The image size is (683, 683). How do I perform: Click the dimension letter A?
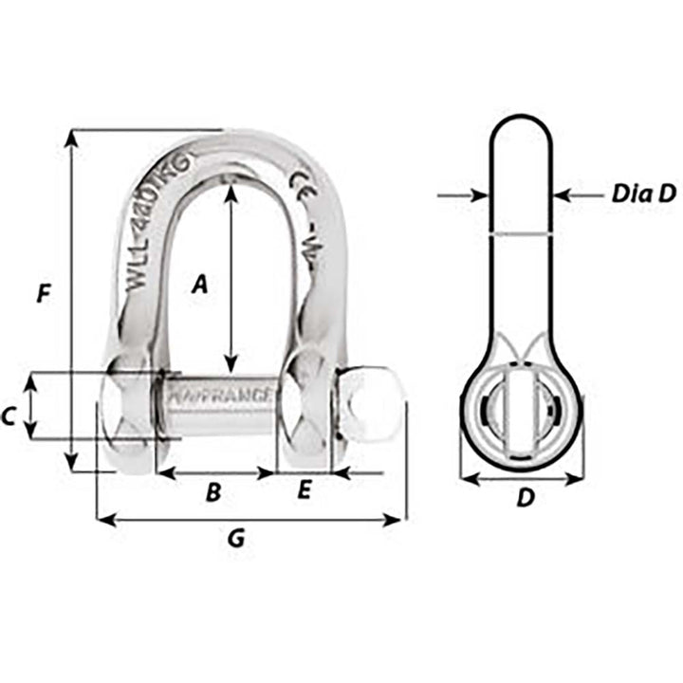tap(198, 283)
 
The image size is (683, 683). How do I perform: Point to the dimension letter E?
tap(304, 490)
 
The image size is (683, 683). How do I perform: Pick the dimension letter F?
tap(43, 295)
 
